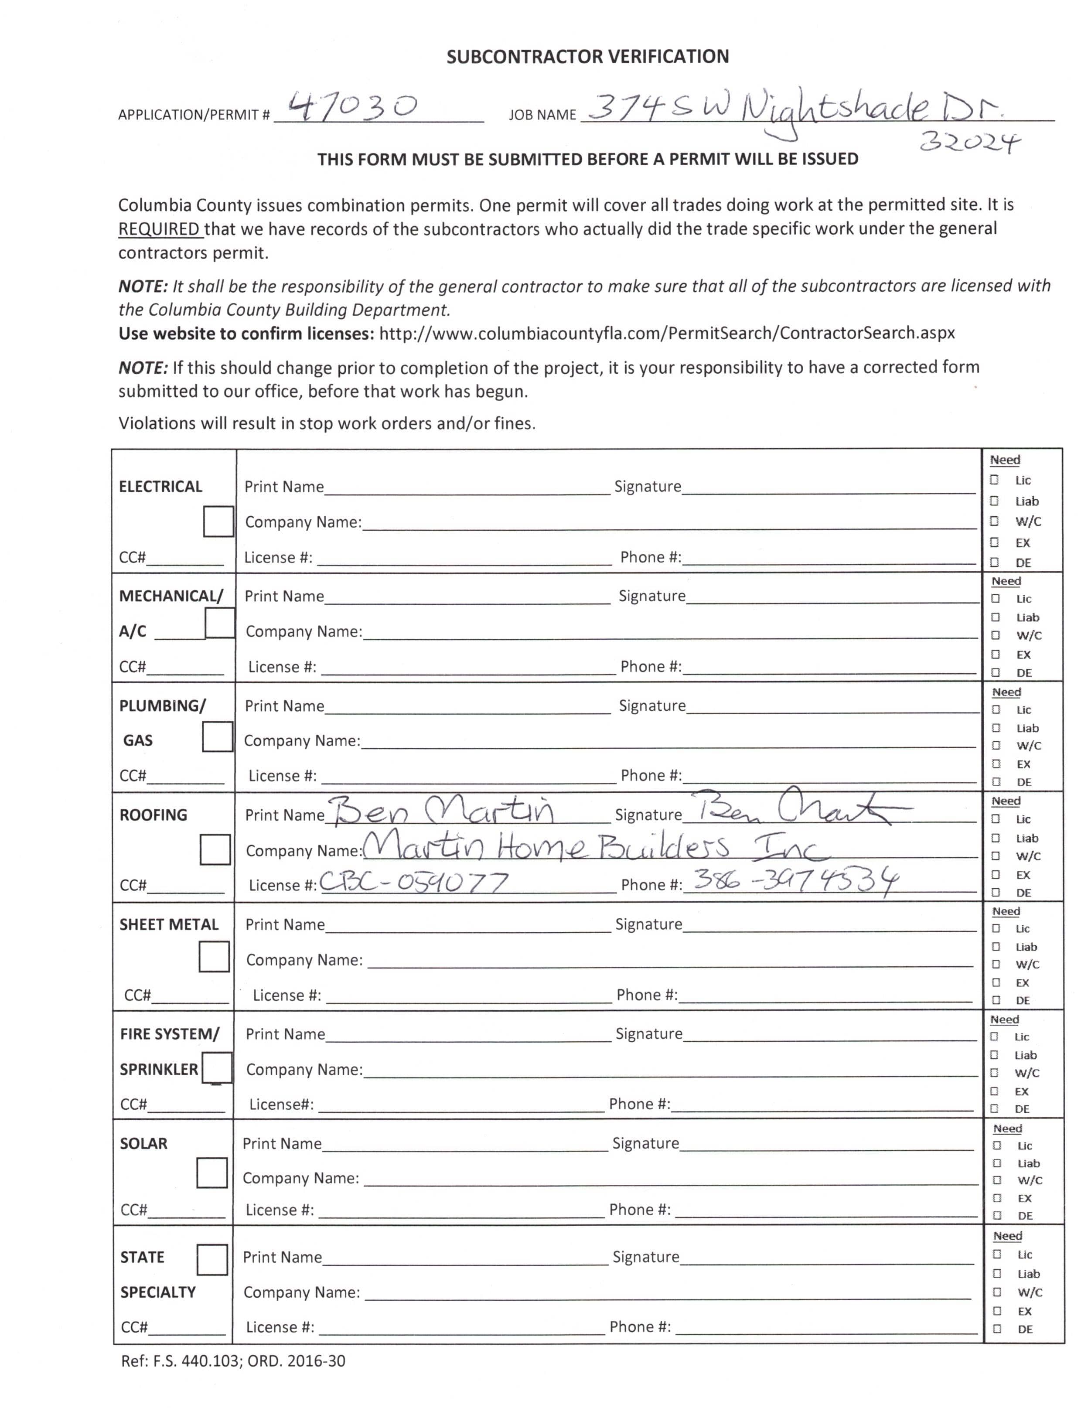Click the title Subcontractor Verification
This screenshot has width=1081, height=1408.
click(x=587, y=57)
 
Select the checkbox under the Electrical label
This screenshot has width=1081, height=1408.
click(x=218, y=521)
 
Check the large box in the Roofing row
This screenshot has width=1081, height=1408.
click(x=215, y=849)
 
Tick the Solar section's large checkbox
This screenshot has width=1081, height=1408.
click(x=211, y=1173)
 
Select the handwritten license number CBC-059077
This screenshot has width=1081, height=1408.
click(x=414, y=882)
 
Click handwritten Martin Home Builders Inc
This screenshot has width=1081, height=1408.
click(x=595, y=848)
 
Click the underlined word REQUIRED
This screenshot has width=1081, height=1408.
click(x=160, y=229)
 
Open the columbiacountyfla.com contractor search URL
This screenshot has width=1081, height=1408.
click(x=667, y=333)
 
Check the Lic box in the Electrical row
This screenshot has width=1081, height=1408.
click(x=994, y=480)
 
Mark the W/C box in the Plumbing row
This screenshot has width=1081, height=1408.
click(x=996, y=746)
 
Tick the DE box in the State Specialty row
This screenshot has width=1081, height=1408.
click(x=997, y=1329)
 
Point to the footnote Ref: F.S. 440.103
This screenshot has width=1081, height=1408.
click(x=233, y=1361)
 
